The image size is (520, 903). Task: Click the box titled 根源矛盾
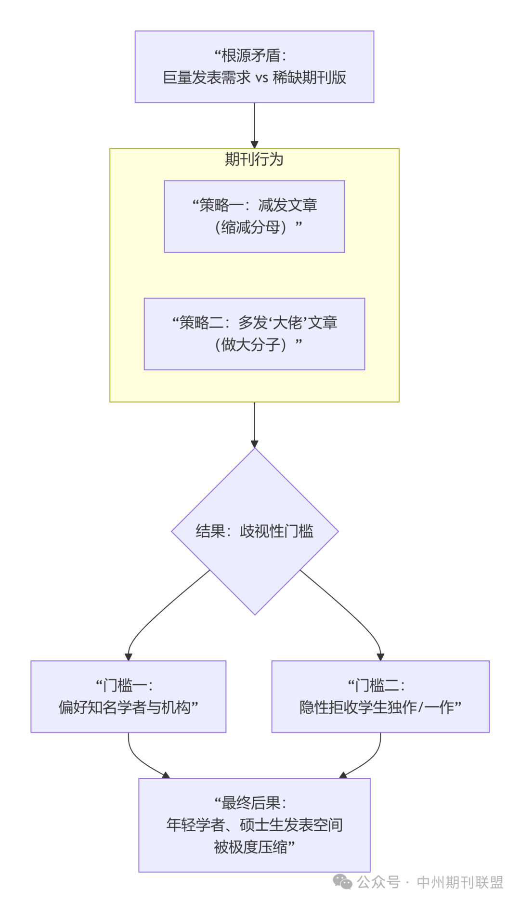(x=254, y=66)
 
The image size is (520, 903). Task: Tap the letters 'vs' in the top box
(x=261, y=78)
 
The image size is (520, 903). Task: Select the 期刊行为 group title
(x=254, y=159)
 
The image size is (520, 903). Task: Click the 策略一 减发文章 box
(x=254, y=216)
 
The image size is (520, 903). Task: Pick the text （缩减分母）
(x=251, y=227)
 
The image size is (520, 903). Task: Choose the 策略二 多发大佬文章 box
(x=254, y=334)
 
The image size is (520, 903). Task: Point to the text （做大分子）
(x=251, y=344)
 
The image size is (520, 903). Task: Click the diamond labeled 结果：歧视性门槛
(x=255, y=531)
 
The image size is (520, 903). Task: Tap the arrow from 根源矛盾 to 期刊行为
(x=254, y=125)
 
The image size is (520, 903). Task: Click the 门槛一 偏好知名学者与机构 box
(x=129, y=696)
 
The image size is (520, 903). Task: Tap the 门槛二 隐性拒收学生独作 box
(x=380, y=696)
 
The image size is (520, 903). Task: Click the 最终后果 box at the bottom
(x=254, y=824)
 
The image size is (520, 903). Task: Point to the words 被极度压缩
(x=251, y=847)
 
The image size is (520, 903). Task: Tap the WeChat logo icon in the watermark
(x=343, y=882)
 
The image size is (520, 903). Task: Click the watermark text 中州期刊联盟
(x=460, y=882)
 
